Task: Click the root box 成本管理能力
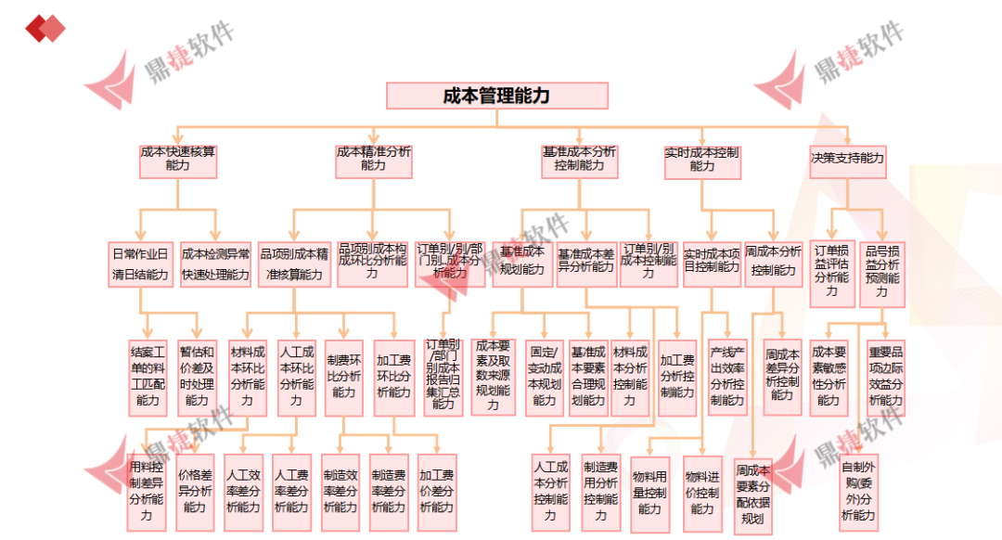496,96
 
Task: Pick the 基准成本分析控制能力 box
579,159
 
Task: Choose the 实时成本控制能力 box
701,159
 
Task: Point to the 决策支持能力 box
847,159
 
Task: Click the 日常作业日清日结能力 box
140,264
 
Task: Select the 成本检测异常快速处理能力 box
215,264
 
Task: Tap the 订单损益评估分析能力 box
831,269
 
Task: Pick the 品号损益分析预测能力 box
881,269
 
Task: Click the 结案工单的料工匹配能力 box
148,376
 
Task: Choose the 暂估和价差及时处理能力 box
197,376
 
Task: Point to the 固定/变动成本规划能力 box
544,377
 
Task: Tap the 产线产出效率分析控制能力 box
727,376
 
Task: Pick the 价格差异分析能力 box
195,491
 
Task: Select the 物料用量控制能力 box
649,492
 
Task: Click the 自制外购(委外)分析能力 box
858,491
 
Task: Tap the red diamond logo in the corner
45,28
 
